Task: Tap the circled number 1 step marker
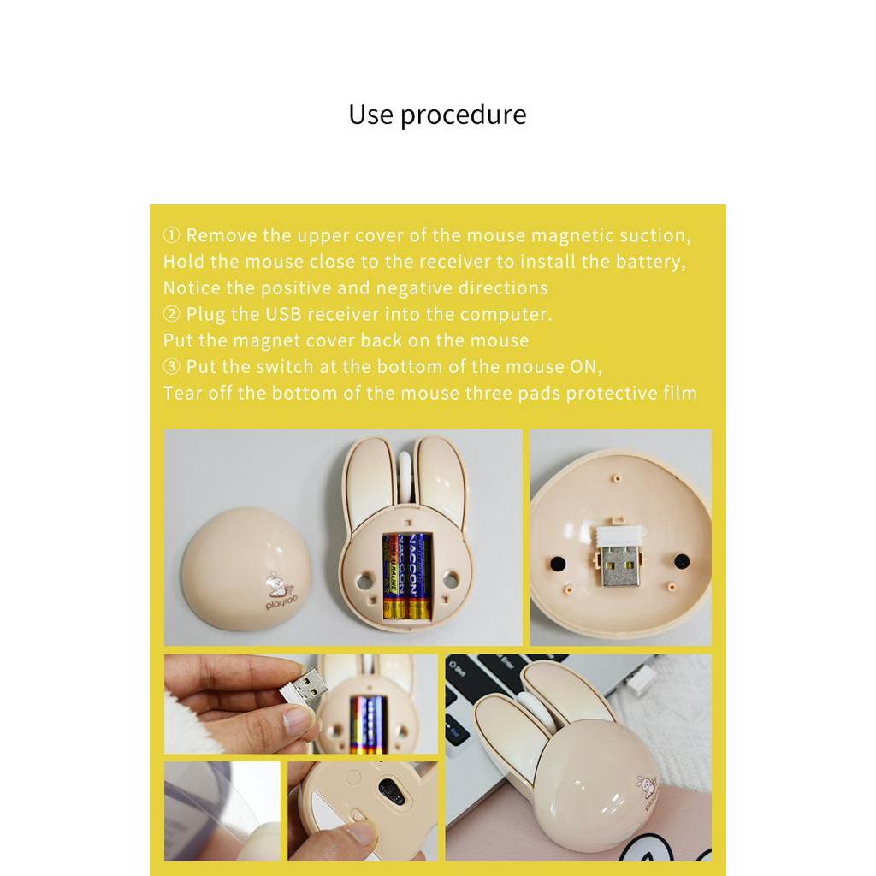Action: tap(171, 235)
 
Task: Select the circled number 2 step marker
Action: tap(171, 314)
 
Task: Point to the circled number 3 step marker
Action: tap(171, 366)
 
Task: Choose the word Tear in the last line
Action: tap(183, 393)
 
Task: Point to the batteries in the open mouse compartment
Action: tap(408, 576)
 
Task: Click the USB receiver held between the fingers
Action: tap(304, 689)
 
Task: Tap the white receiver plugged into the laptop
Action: tap(640, 678)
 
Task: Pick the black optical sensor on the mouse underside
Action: tap(391, 791)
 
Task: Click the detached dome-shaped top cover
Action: tap(246, 569)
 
